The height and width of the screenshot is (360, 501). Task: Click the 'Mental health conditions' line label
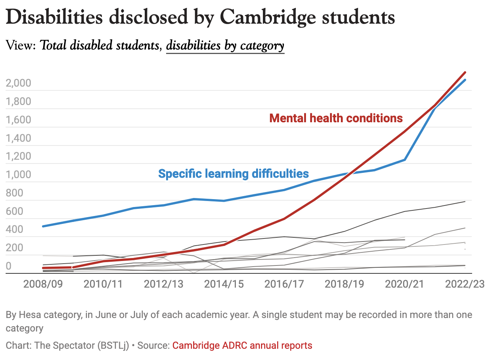[336, 118]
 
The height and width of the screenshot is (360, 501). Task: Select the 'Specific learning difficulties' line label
[233, 174]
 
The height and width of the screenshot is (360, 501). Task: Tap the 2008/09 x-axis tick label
[43, 284]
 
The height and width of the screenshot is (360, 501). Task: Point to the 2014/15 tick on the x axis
[224, 284]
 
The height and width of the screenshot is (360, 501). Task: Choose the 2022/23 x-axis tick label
[465, 284]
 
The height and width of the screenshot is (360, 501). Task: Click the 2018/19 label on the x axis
[344, 284]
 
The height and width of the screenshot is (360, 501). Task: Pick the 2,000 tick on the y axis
[18, 83]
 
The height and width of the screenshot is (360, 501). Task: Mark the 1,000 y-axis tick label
[18, 174]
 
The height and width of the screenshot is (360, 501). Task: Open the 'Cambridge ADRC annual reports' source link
[242, 345]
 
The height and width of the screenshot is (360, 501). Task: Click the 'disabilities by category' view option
[225, 45]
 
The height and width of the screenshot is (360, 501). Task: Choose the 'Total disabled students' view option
[99, 45]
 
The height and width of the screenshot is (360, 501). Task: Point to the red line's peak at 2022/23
[465, 72]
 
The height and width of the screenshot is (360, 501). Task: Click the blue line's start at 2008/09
[43, 226]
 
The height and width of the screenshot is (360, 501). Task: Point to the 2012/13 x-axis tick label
[163, 284]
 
